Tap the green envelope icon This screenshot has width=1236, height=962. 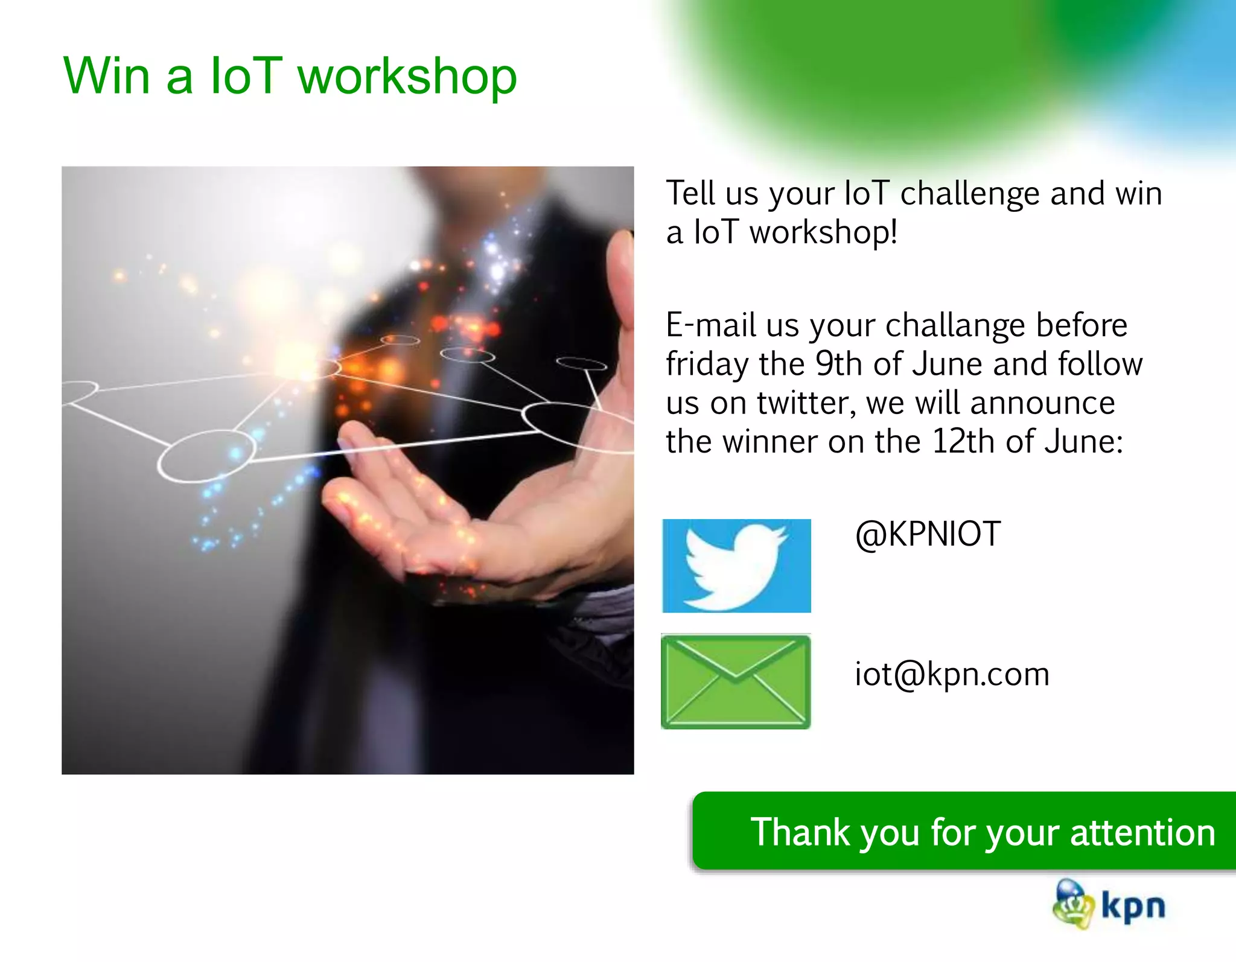736,681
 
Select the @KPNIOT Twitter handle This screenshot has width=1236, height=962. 928,534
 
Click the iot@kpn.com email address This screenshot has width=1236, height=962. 952,674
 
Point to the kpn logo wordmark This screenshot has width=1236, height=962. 1133,906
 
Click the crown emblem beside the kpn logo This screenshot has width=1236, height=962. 1073,904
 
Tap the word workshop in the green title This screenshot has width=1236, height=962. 407,77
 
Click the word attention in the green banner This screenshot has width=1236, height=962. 1142,832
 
